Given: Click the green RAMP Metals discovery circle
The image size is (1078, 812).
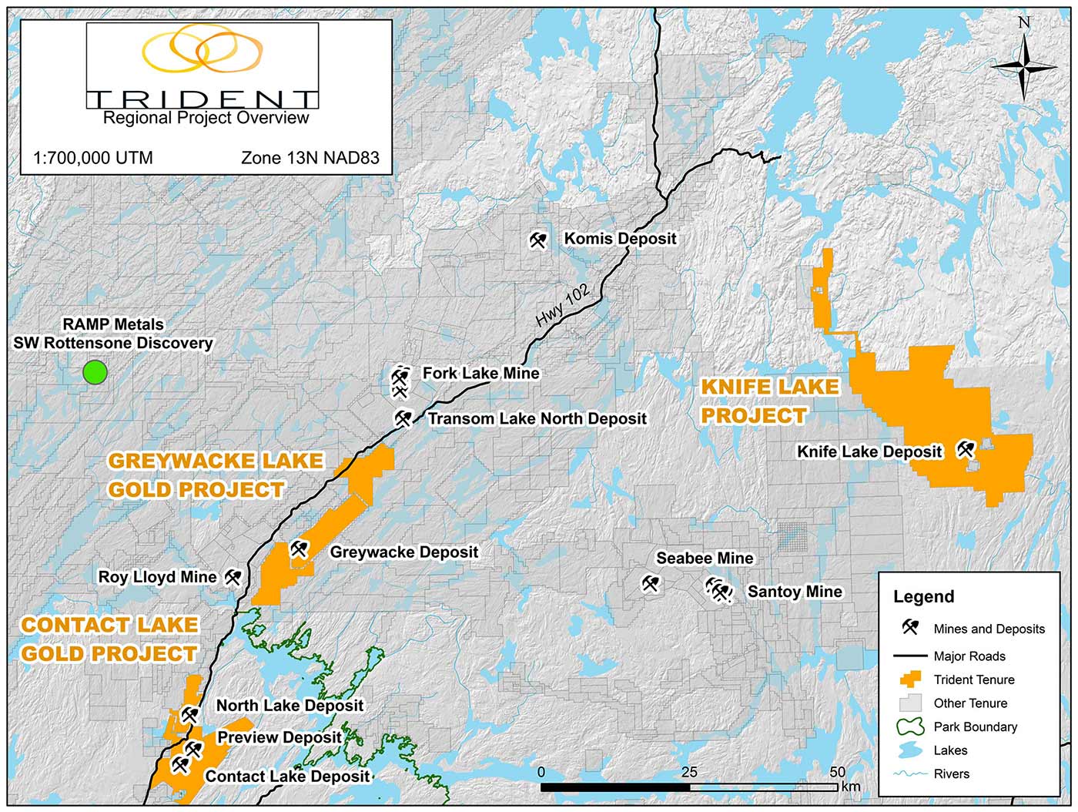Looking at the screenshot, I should [95, 373].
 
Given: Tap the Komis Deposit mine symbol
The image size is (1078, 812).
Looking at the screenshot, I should [537, 240].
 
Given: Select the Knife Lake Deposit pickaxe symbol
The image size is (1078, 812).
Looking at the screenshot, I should [966, 449].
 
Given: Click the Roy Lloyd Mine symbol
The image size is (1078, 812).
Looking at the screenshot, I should [233, 577].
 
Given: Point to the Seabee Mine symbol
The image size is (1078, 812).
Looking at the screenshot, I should [651, 584].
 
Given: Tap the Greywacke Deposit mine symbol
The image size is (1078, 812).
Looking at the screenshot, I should [299, 549].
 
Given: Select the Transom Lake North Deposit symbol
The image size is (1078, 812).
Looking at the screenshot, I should [403, 418].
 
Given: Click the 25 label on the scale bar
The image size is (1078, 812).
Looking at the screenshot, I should [689, 772].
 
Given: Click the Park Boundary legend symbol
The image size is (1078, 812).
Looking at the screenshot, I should [910, 726].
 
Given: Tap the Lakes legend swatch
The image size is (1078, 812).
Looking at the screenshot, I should [910, 750].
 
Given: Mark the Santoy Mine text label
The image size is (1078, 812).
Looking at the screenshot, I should [795, 592].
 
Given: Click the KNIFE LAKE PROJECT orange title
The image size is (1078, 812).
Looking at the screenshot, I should [768, 401].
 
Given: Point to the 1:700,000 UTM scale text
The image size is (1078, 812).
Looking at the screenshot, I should [93, 158].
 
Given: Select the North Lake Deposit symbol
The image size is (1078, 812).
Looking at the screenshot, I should [189, 715].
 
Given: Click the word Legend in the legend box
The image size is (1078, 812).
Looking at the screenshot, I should [923, 596].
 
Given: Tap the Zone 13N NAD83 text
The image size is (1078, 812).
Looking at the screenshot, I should [310, 158].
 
